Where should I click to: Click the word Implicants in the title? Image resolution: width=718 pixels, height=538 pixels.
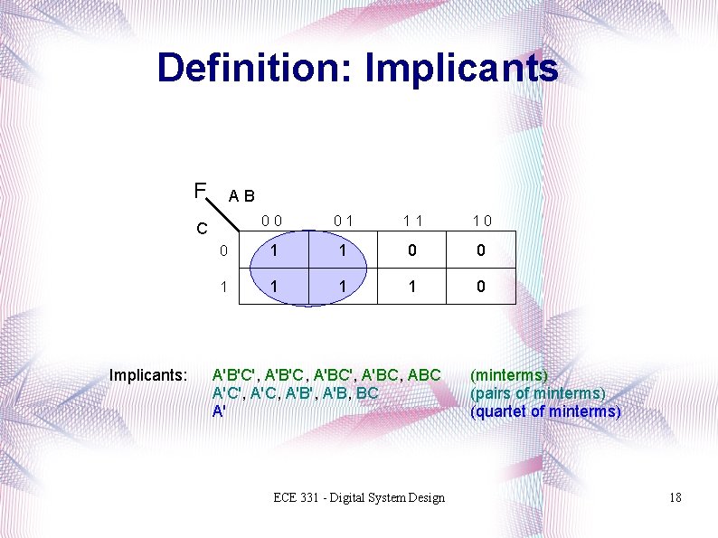click(464, 69)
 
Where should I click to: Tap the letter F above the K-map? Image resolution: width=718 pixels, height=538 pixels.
click(200, 191)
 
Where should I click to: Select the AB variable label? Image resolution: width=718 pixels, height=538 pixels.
click(241, 195)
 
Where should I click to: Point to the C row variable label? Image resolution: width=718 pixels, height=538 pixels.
click(203, 229)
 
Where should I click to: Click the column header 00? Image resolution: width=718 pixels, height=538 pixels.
click(272, 219)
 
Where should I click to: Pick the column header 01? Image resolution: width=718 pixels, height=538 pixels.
click(342, 219)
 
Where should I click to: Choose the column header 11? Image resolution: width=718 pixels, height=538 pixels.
click(412, 219)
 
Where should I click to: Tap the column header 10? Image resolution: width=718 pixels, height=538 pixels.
click(482, 219)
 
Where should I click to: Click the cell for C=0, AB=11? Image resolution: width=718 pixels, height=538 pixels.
click(412, 250)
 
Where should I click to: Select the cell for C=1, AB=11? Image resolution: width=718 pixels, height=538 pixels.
click(412, 286)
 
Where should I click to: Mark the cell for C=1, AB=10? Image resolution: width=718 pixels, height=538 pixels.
click(482, 286)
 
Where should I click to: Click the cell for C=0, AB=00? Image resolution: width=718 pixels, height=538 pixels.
click(272, 250)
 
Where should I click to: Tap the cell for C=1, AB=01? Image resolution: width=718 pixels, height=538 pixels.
click(342, 286)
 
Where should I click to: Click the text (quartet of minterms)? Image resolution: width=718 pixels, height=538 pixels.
click(545, 411)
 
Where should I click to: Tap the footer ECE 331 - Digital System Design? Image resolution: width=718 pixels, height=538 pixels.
click(360, 497)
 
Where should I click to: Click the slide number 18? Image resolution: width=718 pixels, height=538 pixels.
click(675, 497)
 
